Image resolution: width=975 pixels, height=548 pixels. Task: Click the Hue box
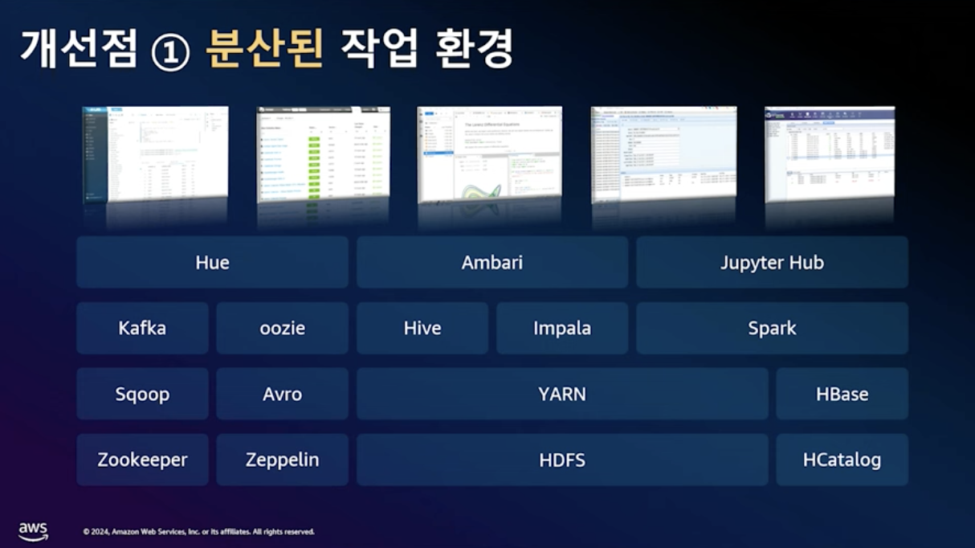(x=212, y=263)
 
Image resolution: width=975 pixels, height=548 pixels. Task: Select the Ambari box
(x=492, y=263)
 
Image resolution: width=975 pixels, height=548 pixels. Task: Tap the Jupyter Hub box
(x=772, y=263)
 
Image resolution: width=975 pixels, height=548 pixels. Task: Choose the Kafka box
(x=142, y=329)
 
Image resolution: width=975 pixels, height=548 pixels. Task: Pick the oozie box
(x=282, y=329)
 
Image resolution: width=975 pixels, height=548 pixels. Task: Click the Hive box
(x=422, y=329)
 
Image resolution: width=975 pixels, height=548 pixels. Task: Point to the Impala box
(x=561, y=329)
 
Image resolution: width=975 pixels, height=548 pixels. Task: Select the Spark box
(x=772, y=329)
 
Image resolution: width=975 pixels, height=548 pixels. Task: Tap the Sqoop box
(x=142, y=395)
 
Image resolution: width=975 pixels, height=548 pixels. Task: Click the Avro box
(x=282, y=395)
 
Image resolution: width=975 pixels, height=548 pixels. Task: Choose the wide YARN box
(x=561, y=395)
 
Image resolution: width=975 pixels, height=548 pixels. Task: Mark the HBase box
(x=842, y=395)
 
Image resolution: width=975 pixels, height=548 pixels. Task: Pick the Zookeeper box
(x=142, y=460)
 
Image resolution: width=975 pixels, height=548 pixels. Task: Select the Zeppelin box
(x=282, y=460)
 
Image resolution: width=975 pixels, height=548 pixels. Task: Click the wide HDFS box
(x=561, y=460)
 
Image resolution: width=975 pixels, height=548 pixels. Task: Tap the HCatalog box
(x=842, y=460)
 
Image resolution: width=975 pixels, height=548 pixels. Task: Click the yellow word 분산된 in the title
(x=264, y=50)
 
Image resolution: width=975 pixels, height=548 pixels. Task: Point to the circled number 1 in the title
(x=170, y=52)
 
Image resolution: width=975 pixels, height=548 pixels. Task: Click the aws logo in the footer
(x=33, y=531)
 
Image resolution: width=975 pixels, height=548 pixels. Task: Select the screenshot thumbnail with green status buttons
(x=323, y=154)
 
